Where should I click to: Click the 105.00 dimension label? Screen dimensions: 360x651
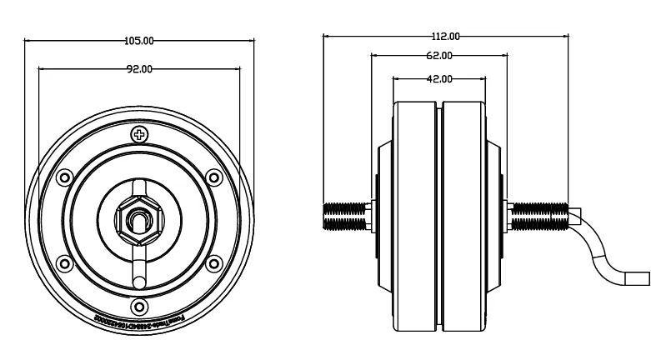click(139, 40)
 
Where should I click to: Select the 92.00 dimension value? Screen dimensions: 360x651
click(139, 69)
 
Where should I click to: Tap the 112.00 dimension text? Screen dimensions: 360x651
click(446, 36)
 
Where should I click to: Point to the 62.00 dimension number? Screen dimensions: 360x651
click(439, 56)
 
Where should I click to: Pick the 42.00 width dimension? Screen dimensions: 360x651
click(439, 79)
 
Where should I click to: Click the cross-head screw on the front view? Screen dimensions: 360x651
click(139, 134)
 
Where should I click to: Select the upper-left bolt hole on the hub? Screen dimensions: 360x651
click(65, 177)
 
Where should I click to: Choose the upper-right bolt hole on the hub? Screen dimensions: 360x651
click(213, 177)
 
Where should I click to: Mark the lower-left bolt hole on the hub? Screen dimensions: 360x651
click(65, 264)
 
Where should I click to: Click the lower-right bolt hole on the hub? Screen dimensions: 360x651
click(213, 264)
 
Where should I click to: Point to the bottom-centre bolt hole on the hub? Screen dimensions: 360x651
click(139, 307)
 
